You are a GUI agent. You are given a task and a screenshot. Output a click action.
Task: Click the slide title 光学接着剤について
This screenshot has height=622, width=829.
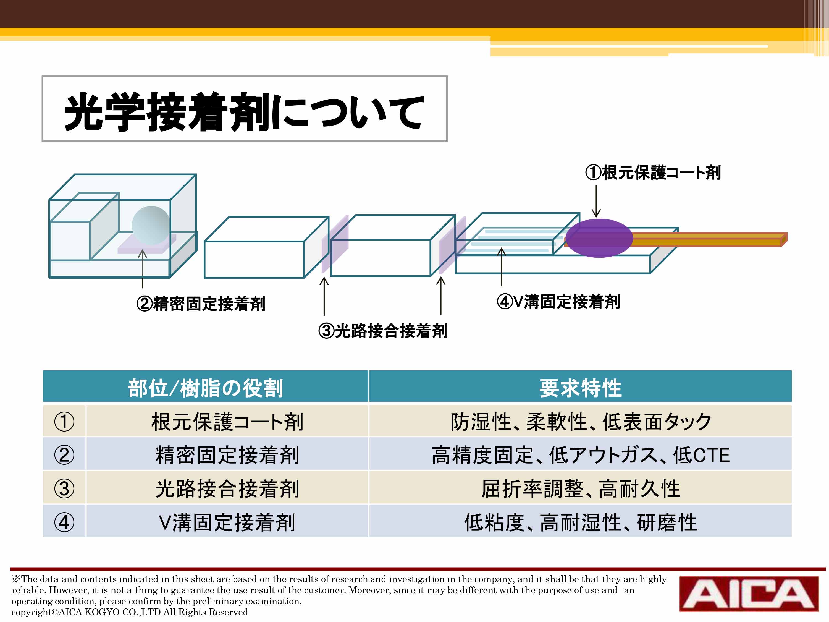pos(244,112)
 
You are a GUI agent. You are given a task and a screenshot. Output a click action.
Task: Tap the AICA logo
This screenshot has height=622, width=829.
pos(749,594)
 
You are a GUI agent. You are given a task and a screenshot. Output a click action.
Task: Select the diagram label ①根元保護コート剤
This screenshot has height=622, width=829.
pos(653,173)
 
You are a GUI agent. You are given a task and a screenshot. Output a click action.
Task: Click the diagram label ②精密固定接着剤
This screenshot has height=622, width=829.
pos(201,304)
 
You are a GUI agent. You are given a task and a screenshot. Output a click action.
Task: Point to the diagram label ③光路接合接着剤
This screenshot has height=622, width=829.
pos(383,331)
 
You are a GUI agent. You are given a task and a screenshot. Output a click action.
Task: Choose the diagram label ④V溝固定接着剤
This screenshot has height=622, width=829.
pos(558,301)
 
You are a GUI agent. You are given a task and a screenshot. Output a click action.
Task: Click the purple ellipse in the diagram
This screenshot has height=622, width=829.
pos(599,238)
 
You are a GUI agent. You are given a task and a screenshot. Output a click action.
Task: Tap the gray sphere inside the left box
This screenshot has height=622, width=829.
pos(151,225)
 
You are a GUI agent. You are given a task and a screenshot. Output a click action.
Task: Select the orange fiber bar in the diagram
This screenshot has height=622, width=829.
pos(708,240)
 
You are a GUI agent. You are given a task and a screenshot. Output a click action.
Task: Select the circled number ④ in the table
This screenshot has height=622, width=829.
pos(64,522)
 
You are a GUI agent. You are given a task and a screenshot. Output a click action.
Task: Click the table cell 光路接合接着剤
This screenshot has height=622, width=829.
pos(227,488)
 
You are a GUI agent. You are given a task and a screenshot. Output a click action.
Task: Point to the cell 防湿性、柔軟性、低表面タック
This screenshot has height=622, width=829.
pos(581,422)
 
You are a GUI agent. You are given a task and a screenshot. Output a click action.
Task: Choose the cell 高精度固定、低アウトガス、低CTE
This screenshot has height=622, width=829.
pos(581,455)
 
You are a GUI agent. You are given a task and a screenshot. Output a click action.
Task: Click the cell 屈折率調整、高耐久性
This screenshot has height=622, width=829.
pos(581,488)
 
